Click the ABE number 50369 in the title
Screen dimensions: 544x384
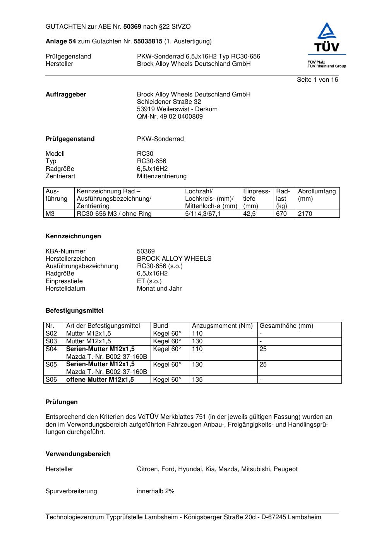point(132,27)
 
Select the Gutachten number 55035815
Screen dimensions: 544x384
point(148,41)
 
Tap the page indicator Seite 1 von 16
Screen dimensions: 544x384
point(317,80)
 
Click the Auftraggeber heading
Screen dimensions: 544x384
point(66,95)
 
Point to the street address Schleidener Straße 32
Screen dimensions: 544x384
point(169,102)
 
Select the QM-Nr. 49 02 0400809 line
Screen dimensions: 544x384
point(170,117)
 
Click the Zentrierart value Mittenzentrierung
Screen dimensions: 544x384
point(161,176)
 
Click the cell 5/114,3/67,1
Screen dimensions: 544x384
point(203,214)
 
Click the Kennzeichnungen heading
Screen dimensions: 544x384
point(73,236)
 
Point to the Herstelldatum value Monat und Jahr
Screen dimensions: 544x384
point(159,289)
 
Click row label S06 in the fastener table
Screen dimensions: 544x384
point(51,380)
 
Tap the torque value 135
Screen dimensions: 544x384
point(197,380)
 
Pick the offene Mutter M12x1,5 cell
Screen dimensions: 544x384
point(100,380)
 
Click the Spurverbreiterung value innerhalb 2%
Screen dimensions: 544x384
point(156,491)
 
